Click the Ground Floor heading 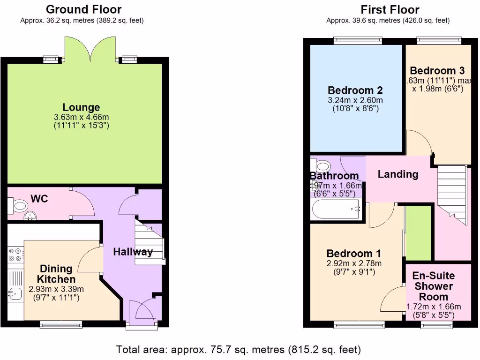coord(84,9)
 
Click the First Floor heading coord(390,9)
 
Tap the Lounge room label coord(82,108)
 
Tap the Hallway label coord(133,252)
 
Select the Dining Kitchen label coord(56,274)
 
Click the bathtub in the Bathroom coord(335,210)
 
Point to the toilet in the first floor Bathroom coord(322,166)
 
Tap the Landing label coord(398,174)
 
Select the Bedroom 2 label coord(355,90)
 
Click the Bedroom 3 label coord(437,71)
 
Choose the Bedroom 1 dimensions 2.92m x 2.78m coord(354,263)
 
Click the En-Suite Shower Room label coord(434,286)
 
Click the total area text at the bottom coord(239,350)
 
